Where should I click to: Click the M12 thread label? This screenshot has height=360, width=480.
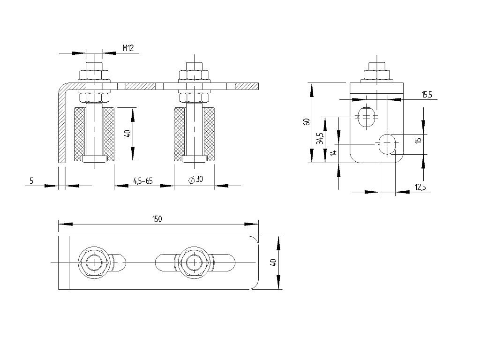tap(128, 48)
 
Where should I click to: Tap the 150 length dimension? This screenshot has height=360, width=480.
tap(157, 219)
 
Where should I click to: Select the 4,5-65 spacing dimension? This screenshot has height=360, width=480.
tap(143, 180)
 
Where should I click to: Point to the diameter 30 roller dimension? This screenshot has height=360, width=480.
tap(195, 180)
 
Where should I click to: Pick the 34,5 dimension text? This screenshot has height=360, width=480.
tap(320, 138)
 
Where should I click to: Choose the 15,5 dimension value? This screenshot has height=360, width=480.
tap(427, 95)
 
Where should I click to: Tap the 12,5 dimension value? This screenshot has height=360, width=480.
tap(420, 187)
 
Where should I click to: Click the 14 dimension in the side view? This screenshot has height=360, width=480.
tap(334, 152)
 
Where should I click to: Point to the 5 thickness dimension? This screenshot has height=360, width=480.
tap(31, 181)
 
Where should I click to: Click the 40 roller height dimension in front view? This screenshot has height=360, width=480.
tap(128, 134)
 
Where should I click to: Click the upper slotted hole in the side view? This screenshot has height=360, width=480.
tap(366, 116)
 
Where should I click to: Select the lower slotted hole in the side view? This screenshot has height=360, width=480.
tap(388, 144)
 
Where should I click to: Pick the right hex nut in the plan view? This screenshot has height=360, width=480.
tap(195, 262)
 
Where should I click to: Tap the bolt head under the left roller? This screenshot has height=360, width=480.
tap(94, 158)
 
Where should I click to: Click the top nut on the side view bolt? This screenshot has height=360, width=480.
tap(377, 75)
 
